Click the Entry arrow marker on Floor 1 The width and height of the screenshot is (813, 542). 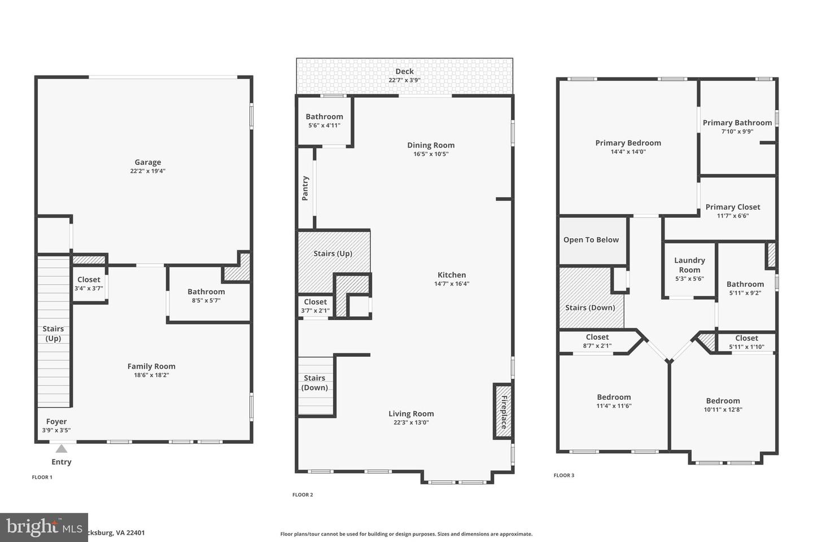point(62,449)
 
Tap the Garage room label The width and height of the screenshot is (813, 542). point(147,163)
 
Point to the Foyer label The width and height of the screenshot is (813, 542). point(56,422)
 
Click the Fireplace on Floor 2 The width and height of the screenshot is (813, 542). point(503,410)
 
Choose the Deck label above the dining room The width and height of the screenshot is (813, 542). point(404,71)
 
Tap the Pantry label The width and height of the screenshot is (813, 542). point(305,189)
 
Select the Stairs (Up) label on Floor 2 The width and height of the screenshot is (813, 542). point(333,253)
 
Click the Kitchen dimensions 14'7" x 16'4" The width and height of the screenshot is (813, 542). point(452,284)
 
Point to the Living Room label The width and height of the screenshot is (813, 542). point(411,414)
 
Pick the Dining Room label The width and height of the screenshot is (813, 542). point(431,145)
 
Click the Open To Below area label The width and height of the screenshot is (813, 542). point(591,240)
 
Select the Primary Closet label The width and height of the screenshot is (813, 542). point(733,207)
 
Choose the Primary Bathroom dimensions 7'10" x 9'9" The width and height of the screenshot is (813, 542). point(737,132)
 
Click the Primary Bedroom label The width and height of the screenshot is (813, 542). point(628,143)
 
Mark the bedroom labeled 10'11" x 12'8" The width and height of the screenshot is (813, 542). point(723,405)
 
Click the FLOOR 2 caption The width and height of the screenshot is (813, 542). point(303,495)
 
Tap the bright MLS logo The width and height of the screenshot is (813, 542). point(43,527)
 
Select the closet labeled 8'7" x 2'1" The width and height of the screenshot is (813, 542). point(597,342)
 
